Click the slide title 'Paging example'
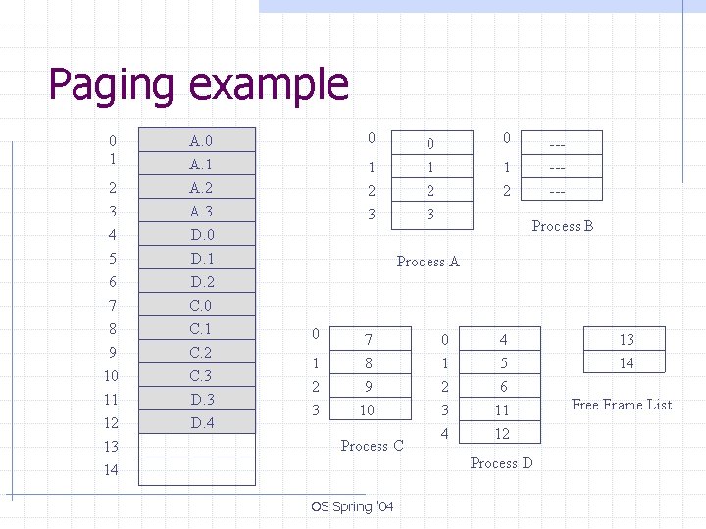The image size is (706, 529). point(198,85)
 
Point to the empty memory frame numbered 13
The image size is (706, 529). point(198,447)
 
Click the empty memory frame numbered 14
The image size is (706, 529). point(198,471)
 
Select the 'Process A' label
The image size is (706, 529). point(428,262)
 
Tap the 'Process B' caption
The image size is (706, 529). point(562,226)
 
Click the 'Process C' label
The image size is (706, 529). point(372,446)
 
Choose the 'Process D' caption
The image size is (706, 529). point(501,463)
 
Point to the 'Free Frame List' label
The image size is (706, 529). point(621,405)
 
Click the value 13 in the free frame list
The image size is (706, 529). point(626,340)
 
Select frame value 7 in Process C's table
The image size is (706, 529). point(367,340)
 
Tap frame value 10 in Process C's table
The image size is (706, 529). point(367,410)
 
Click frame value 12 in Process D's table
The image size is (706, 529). point(502,434)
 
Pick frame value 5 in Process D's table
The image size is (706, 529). point(502,363)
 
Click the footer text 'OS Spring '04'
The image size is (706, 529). point(352,506)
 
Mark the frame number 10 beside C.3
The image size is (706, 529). point(111,376)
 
